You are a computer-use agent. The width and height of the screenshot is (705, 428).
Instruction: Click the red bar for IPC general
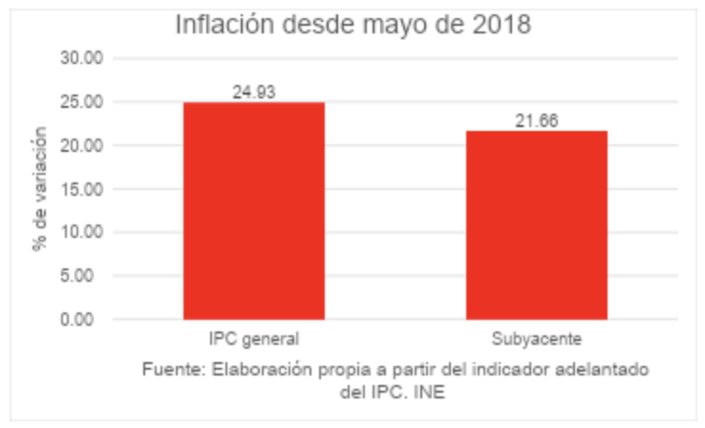click(253, 210)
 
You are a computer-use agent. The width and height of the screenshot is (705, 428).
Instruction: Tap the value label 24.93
click(253, 92)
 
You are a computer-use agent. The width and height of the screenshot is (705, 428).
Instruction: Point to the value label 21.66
click(536, 120)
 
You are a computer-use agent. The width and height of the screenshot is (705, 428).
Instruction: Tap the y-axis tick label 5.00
click(85, 276)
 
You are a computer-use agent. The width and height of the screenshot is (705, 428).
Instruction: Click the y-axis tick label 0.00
click(85, 319)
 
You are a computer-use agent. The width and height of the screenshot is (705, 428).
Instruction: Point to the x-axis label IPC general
click(253, 339)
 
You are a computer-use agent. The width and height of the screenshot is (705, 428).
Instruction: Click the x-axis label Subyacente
click(536, 339)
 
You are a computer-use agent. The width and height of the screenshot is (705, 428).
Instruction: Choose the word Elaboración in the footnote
click(251, 369)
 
